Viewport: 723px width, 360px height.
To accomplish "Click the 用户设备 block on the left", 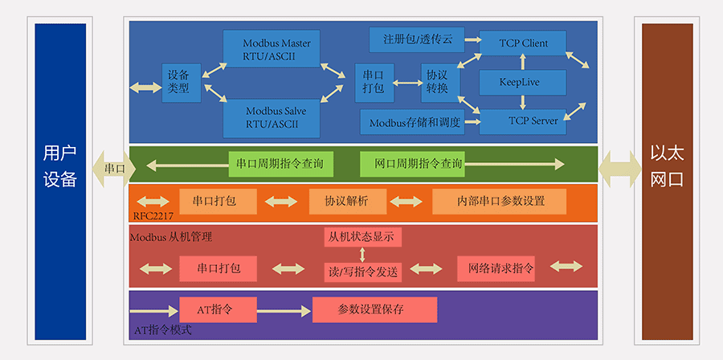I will coord(60,181).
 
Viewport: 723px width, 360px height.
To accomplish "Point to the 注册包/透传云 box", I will coord(418,39).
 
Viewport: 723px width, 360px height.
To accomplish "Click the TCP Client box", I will coord(522,43).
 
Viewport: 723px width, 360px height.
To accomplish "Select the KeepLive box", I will coord(522,82).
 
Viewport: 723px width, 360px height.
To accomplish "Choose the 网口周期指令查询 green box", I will coord(411,164).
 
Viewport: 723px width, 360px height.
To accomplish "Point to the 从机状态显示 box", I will coord(362,237).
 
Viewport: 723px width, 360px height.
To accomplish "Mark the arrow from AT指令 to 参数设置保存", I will coord(284,309).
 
